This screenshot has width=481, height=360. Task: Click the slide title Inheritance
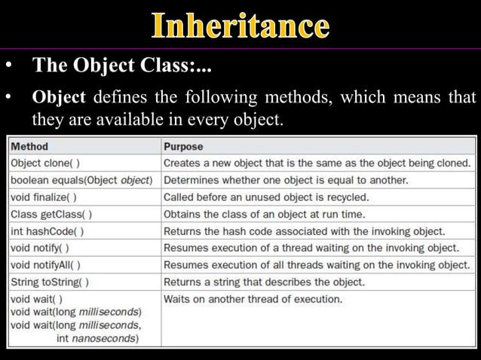coord(240,26)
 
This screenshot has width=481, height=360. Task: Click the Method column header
coord(29,146)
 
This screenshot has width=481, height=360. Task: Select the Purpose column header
coord(183,146)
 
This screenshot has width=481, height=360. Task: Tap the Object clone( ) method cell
coord(47,163)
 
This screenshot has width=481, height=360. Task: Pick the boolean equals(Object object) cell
coord(81,180)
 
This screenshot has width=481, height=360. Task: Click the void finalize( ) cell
coord(42,197)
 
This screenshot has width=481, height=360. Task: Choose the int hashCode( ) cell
coord(47,231)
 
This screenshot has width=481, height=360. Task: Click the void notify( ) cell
coord(40,248)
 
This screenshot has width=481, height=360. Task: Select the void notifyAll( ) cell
coord(45,265)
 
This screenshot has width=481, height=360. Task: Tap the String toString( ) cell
coord(49,282)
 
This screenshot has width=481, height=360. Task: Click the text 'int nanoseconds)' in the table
coord(97,339)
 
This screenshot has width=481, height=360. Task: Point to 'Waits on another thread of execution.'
coord(253,300)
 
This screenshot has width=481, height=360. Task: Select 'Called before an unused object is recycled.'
coord(266,197)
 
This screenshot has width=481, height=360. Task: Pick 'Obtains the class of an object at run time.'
coord(264,214)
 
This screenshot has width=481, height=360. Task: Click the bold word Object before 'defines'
coord(60,99)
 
